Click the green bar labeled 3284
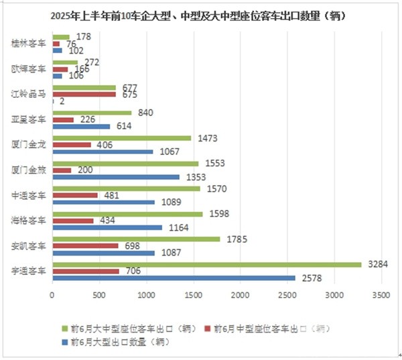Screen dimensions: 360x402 click(x=206, y=265)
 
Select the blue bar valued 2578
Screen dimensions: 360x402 click(x=173, y=278)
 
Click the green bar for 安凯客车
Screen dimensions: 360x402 click(x=135, y=239)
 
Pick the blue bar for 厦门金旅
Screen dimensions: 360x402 click(x=115, y=177)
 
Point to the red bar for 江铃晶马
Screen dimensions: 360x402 click(x=83, y=95)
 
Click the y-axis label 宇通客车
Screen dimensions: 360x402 click(x=29, y=271)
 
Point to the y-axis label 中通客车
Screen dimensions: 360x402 click(x=29, y=195)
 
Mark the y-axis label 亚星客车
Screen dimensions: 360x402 click(x=29, y=119)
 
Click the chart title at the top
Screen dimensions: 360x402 click(x=201, y=16)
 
